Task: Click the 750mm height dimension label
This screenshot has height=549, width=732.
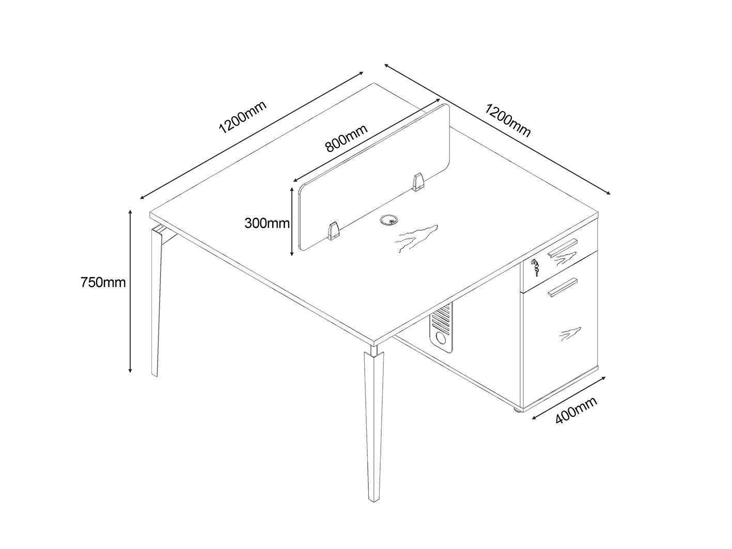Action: tap(103, 283)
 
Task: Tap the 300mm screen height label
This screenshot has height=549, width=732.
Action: tap(267, 223)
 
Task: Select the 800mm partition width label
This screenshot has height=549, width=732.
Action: tap(347, 138)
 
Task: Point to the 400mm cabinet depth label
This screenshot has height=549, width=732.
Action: tap(576, 411)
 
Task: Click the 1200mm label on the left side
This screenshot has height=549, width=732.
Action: tap(242, 117)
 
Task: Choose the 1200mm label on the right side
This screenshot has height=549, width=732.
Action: tap(508, 120)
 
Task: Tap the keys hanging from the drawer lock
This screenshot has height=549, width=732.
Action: tap(536, 268)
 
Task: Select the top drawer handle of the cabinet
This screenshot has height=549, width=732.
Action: tap(562, 247)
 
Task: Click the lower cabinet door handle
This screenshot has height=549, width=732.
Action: tap(562, 287)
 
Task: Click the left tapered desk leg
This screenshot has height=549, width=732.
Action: tap(158, 300)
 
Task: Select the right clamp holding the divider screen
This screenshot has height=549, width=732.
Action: tap(417, 182)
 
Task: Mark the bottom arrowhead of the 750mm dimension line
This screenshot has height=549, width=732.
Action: tap(130, 369)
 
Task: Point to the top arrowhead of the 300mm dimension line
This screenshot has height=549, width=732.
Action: tap(291, 191)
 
